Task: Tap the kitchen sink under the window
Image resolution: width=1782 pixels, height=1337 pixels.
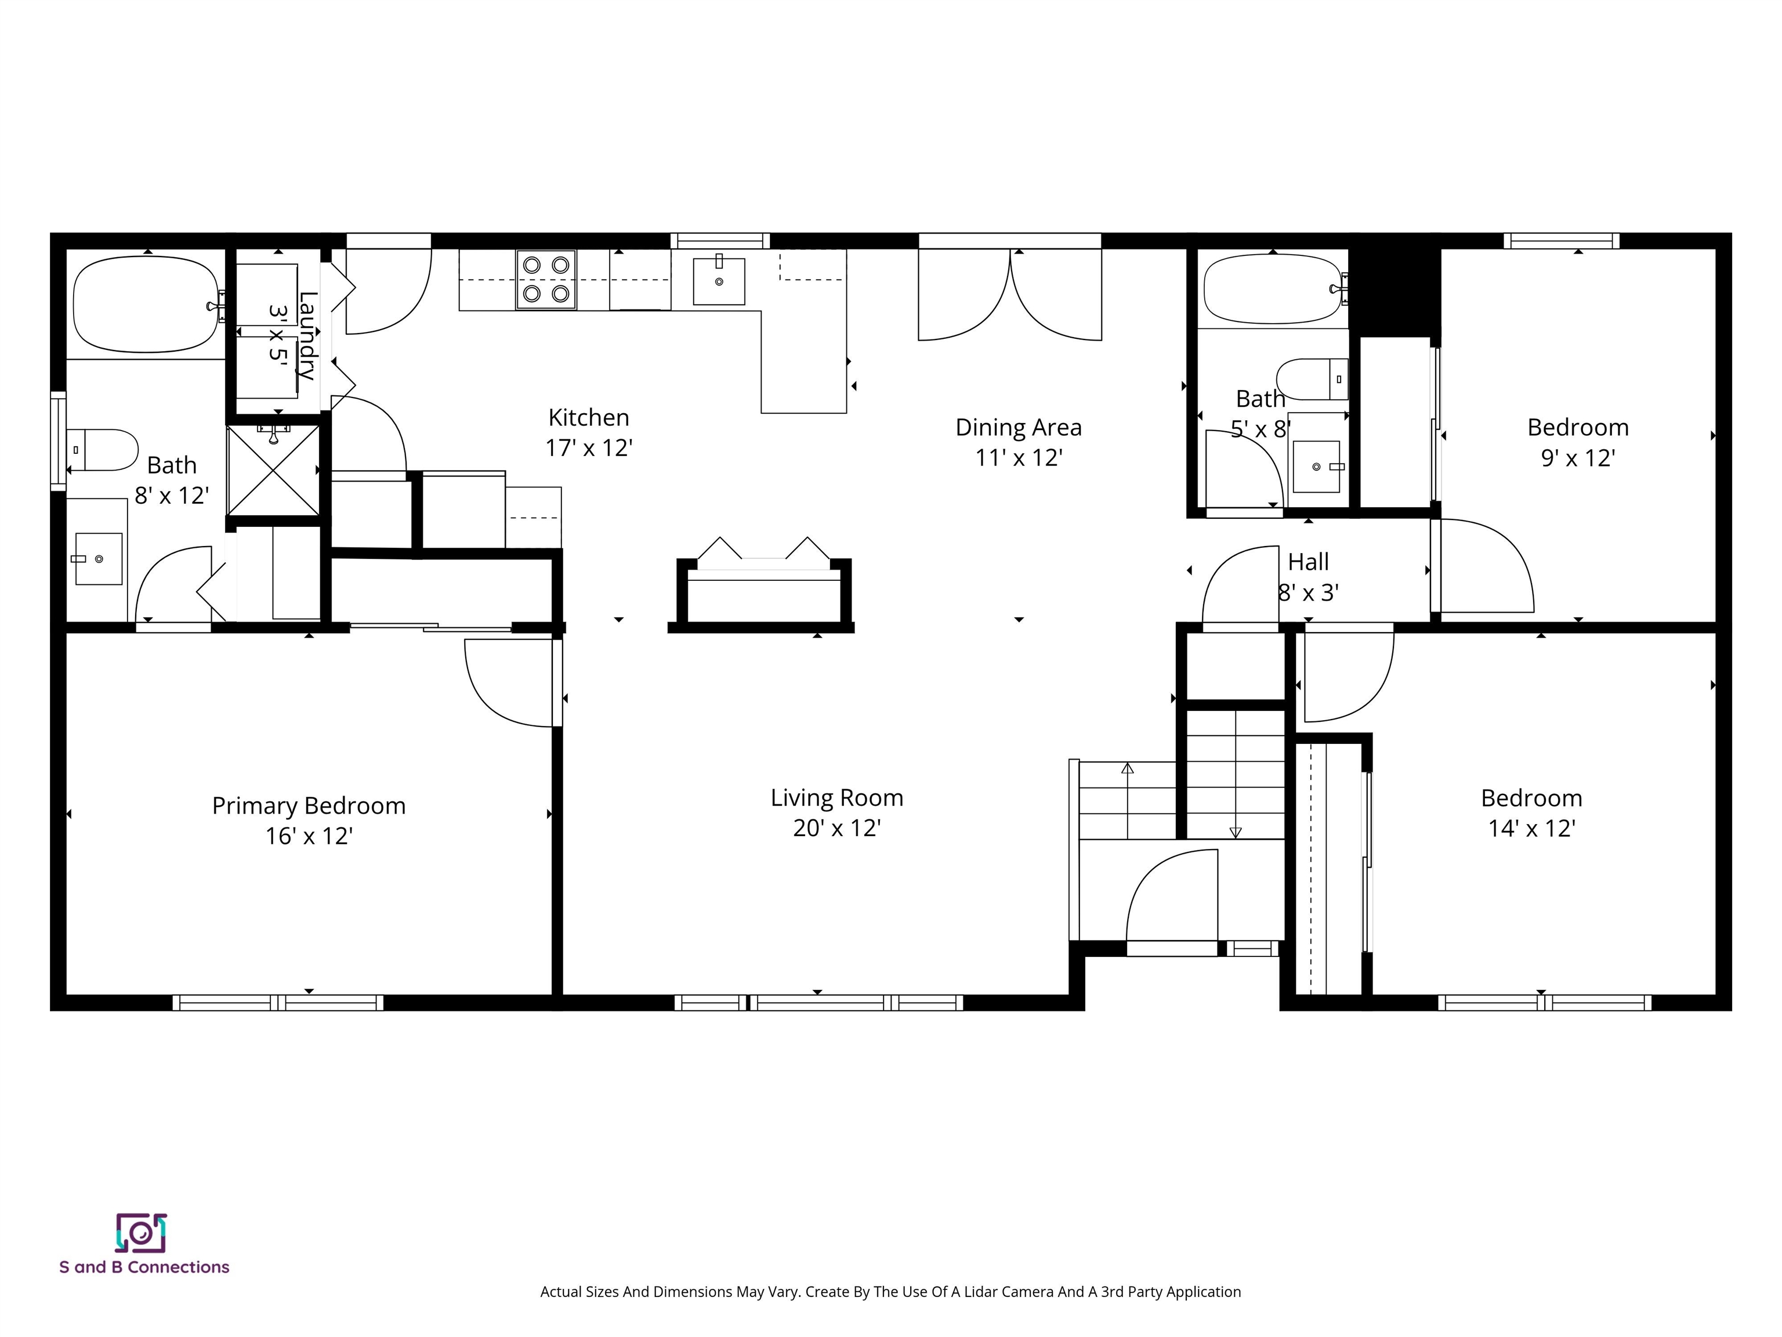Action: [x=719, y=281]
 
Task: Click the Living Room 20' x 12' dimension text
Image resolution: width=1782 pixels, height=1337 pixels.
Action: [x=836, y=828]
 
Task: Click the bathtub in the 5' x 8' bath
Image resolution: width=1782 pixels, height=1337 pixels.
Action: [x=1272, y=288]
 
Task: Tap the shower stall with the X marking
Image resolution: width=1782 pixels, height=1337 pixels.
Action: [x=274, y=471]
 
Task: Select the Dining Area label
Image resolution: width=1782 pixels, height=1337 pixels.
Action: [x=1018, y=427]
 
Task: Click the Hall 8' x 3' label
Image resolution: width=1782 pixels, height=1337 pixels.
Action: [x=1308, y=577]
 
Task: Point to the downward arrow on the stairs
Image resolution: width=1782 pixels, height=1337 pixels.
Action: [x=1236, y=833]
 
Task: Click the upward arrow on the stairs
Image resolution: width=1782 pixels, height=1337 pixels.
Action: [x=1127, y=769]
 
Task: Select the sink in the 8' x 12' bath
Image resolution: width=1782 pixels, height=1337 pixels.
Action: [x=98, y=558]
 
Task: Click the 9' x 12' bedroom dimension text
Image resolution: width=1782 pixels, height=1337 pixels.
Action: [x=1577, y=458]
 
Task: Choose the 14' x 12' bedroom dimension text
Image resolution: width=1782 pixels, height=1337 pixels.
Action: [x=1531, y=828]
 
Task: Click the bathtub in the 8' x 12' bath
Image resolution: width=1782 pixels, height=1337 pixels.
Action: [x=145, y=304]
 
